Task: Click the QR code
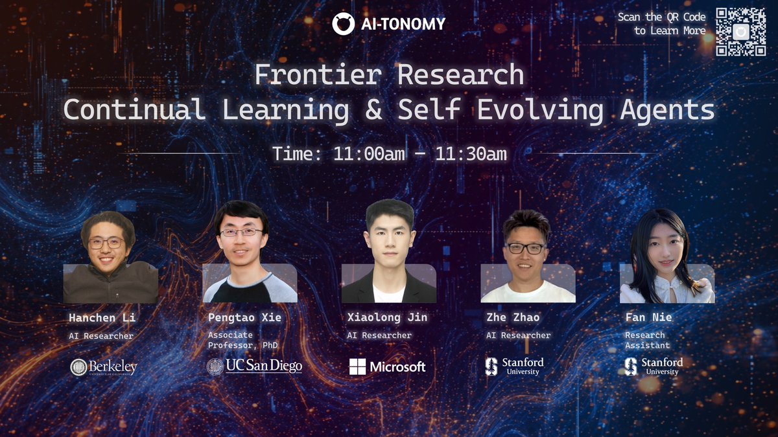[741, 32]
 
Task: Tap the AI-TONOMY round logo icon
[343, 24]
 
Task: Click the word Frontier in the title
[318, 74]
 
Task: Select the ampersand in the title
[373, 109]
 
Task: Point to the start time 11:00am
[369, 153]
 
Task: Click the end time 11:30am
[471, 153]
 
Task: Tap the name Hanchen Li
[102, 318]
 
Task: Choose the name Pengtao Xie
[245, 317]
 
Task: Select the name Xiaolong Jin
[387, 317]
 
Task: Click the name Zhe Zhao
[513, 317]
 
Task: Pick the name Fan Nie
[648, 317]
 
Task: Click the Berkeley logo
[104, 367]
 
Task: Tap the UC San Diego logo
[254, 366]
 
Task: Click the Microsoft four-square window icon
[357, 366]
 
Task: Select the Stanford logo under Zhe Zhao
[514, 366]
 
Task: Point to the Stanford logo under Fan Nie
[654, 366]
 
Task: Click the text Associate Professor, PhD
[242, 341]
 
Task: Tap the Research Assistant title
[648, 341]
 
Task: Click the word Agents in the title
[667, 110]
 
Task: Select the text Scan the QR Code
[662, 17]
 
